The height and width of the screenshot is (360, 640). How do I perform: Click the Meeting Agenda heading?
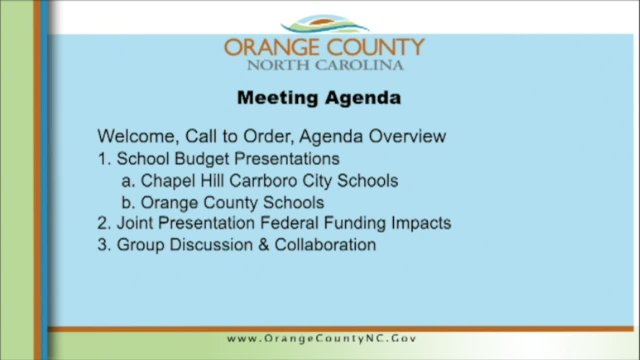318,98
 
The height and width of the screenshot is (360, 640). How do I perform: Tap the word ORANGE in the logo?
265,47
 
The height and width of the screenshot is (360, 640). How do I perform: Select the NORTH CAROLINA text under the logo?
326,65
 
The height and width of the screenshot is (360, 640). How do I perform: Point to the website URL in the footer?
320,338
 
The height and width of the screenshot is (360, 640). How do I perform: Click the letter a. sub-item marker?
128,180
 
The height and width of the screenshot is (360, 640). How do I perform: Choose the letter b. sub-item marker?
128,202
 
